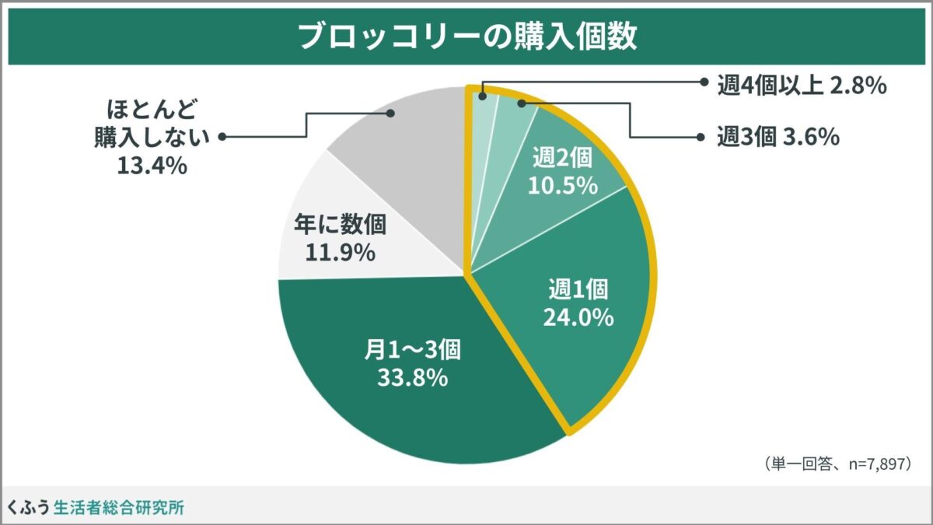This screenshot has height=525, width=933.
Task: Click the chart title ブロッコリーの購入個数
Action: pyautogui.click(x=467, y=36)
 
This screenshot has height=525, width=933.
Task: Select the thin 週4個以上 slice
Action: pyautogui.click(x=480, y=117)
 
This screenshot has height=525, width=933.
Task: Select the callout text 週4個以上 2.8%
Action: pyautogui.click(x=802, y=86)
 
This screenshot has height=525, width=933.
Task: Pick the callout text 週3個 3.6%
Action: pyautogui.click(x=777, y=138)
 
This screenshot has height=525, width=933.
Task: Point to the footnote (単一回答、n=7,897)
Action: pyautogui.click(x=836, y=464)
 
